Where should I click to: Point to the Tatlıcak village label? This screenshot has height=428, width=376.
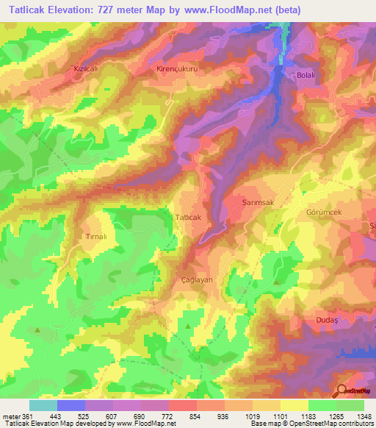(x=188, y=217)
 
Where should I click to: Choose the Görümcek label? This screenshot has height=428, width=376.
(x=324, y=211)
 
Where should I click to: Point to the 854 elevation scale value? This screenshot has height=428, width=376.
(x=195, y=415)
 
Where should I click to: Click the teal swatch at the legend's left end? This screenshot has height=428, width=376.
(x=43, y=405)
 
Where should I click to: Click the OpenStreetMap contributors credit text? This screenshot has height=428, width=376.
(x=330, y=423)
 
